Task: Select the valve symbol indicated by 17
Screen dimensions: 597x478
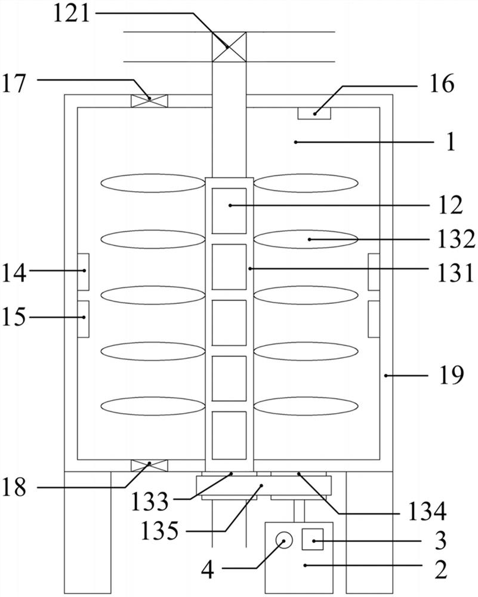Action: coord(149,101)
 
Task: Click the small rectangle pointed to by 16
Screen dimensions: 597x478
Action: coord(314,113)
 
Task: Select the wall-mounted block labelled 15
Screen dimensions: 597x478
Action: coord(84,319)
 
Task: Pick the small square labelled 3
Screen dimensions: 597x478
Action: coord(313,540)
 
